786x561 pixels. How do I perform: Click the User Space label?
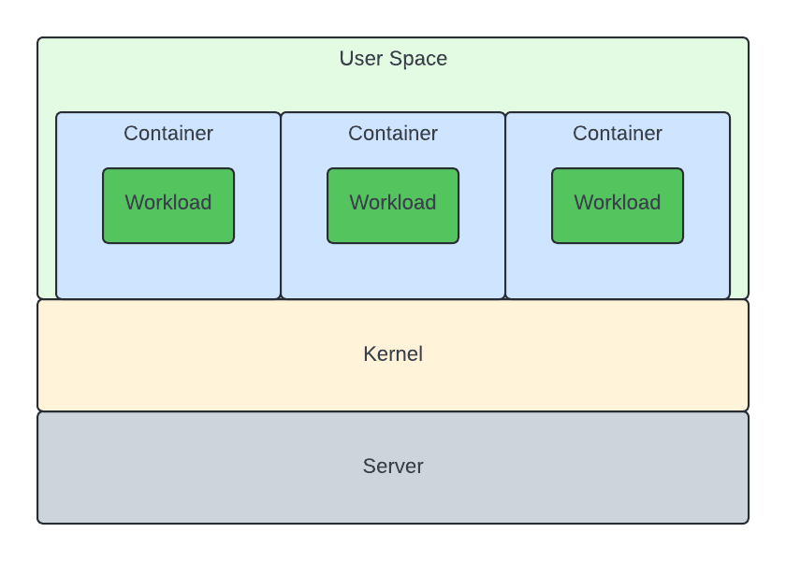[x=393, y=59]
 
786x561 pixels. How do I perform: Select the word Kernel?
[x=393, y=354]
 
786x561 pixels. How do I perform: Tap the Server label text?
[x=393, y=467]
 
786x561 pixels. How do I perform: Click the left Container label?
[x=168, y=134]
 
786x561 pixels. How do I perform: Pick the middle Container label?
[x=393, y=134]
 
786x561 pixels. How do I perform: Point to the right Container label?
[x=618, y=134]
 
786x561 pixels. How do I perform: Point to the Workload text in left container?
[x=168, y=203]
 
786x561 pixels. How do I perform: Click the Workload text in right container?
[x=618, y=203]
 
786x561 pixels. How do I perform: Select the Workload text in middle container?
[x=393, y=203]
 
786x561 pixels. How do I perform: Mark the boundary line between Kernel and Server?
[x=393, y=411]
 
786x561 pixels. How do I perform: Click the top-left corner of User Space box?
[x=39, y=39]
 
